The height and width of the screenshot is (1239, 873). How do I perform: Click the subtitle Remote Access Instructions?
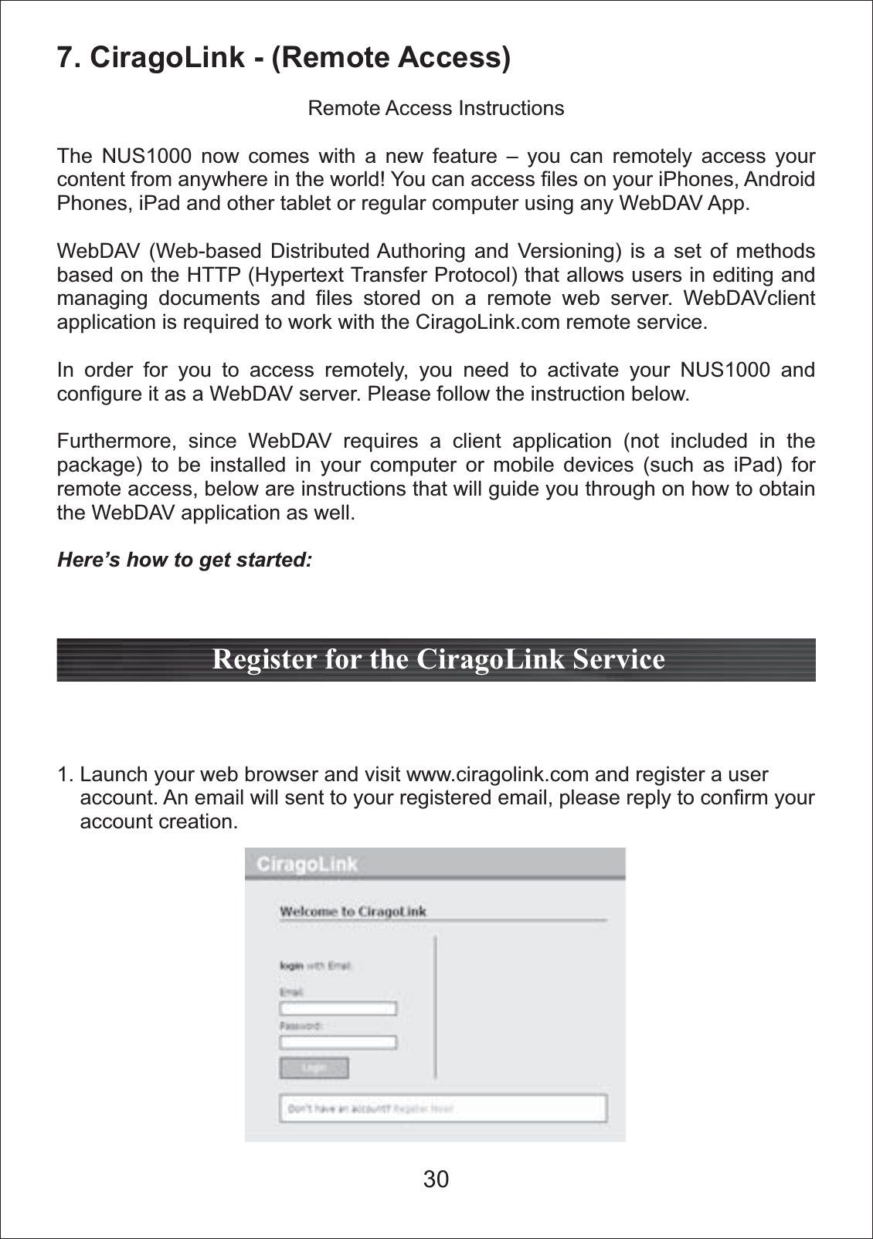tap(436, 108)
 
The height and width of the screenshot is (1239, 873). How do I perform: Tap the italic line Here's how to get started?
tap(185, 560)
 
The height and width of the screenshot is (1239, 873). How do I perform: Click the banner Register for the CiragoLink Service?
tap(437, 660)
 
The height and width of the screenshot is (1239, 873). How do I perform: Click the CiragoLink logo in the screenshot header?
tap(307, 864)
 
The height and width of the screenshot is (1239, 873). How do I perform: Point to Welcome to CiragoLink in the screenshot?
tap(352, 912)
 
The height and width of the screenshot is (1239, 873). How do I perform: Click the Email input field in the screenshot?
tap(338, 1009)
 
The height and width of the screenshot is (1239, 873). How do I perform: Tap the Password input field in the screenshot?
tap(338, 1042)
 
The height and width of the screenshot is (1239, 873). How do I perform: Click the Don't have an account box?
tap(443, 1109)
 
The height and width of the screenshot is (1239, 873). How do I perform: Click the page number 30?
tap(436, 1180)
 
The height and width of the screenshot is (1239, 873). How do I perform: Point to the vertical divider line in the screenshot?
tap(435, 1007)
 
